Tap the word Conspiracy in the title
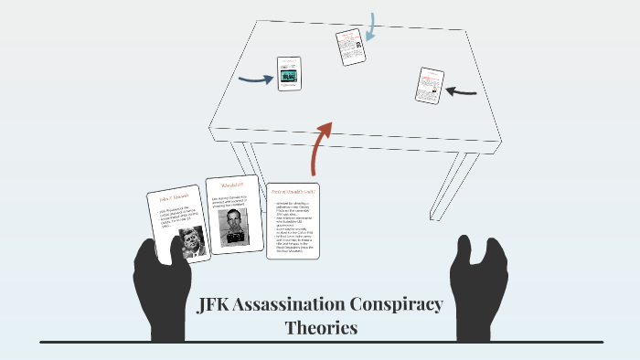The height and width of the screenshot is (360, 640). point(408,305)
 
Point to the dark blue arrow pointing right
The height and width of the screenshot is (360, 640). point(256,79)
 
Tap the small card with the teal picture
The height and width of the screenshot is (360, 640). point(290,74)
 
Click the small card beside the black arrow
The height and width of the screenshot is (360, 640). point(430,85)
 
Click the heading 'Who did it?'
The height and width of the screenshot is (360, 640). point(231,186)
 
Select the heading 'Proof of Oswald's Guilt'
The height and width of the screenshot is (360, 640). point(293,192)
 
